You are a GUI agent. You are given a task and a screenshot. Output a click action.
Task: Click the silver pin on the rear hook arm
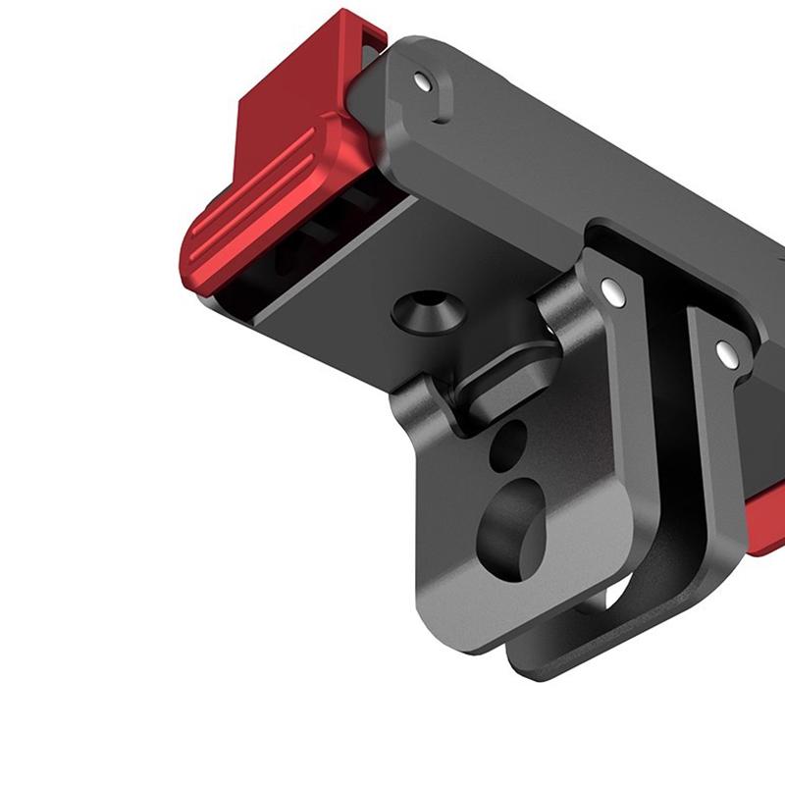coord(725,349)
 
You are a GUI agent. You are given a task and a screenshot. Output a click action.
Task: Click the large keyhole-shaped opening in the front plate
coord(510,520)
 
